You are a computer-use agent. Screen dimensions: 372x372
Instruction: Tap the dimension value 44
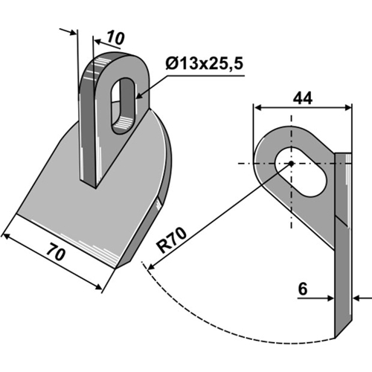tap(301, 97)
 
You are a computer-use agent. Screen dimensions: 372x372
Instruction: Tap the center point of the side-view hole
tap(291, 164)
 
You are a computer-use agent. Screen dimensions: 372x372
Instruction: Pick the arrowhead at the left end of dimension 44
tap(257, 107)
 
